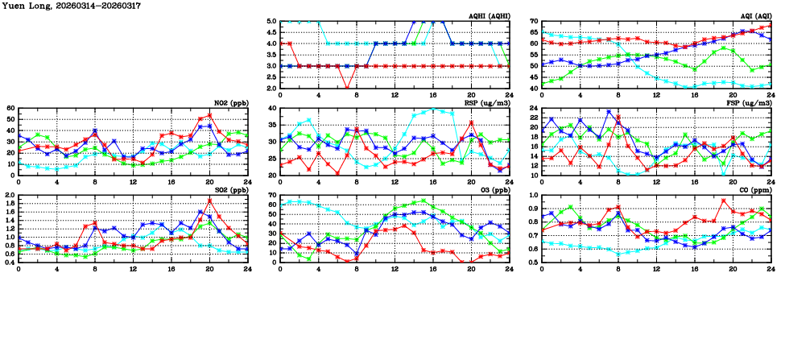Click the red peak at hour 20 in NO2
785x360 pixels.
[209, 114]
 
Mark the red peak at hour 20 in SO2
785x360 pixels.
[209, 201]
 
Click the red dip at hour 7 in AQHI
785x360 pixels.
[347, 88]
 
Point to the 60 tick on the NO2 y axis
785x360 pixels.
[10, 108]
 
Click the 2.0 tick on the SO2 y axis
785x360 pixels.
[9, 195]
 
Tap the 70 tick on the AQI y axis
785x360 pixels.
[532, 21]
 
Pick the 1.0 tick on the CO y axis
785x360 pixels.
[532, 195]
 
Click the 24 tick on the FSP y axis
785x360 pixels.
[532, 118]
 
